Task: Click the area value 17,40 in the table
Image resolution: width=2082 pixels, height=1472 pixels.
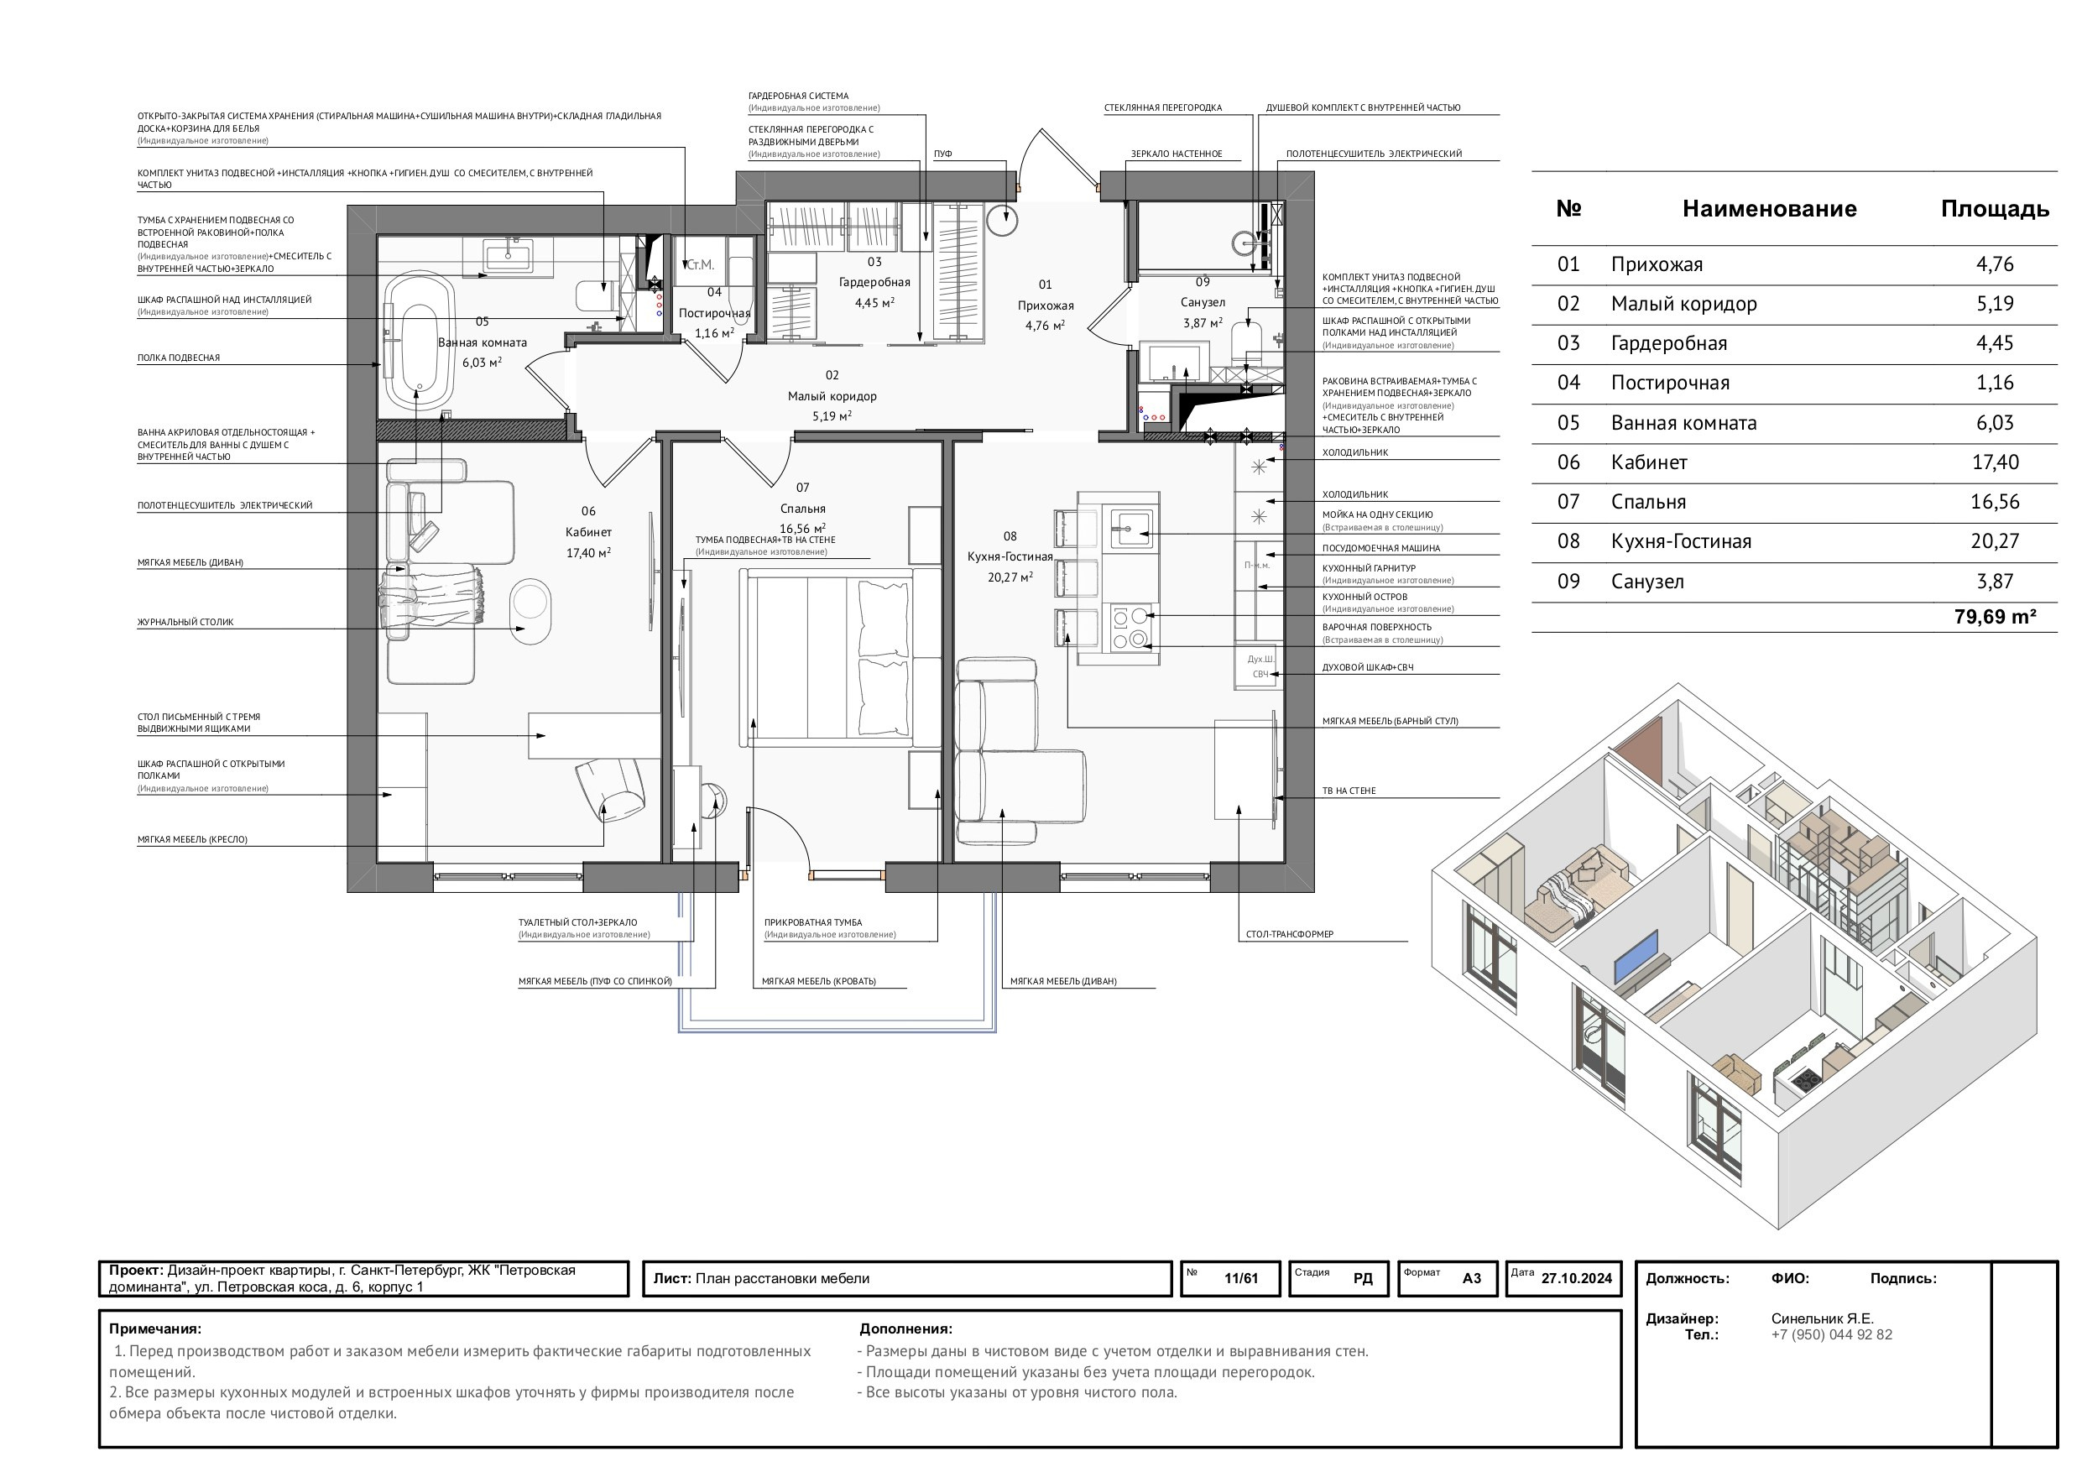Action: coord(1995,462)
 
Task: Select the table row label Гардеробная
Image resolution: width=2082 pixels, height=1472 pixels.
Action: coord(1669,344)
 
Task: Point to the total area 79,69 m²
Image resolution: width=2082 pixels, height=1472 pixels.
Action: coord(1995,618)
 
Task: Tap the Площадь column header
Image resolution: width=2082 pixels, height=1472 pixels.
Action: coord(1995,210)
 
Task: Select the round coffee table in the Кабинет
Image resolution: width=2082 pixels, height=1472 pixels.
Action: coord(530,610)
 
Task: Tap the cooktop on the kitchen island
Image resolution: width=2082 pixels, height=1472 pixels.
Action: coord(1130,629)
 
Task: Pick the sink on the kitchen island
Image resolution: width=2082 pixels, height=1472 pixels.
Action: coord(1130,529)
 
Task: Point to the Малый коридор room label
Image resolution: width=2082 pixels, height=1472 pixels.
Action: coord(832,396)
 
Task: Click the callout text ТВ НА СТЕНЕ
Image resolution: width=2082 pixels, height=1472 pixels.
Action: coord(1349,791)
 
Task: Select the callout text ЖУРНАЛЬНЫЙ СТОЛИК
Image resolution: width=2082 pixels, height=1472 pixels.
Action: coord(186,622)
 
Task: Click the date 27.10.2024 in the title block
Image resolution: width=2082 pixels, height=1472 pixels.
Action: coord(1576,1279)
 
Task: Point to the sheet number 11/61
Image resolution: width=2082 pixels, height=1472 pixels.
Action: coord(1240,1279)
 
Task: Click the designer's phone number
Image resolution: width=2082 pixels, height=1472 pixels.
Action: coord(1832,1335)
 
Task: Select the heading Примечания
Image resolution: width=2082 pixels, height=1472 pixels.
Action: coord(155,1329)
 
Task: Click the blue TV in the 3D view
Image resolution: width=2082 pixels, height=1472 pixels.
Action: coord(1636,956)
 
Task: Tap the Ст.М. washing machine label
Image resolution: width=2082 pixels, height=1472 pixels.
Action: coord(701,265)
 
